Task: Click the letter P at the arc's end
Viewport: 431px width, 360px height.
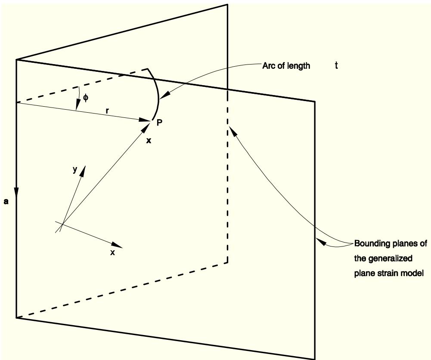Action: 159,122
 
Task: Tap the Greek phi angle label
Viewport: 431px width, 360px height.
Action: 86,98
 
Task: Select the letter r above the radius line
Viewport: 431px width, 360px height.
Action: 108,111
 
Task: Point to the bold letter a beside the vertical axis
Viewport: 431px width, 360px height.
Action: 6,202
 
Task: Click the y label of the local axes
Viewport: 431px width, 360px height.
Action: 75,170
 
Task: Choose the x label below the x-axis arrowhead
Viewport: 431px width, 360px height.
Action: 112,252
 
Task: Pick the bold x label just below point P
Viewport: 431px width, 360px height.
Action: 149,141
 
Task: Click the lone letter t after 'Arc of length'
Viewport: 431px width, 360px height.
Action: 336,65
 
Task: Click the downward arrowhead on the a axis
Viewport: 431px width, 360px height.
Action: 16,192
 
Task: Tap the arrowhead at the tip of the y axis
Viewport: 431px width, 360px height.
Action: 83,170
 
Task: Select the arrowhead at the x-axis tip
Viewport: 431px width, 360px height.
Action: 117,245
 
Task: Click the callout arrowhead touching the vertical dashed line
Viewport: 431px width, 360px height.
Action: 233,131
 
